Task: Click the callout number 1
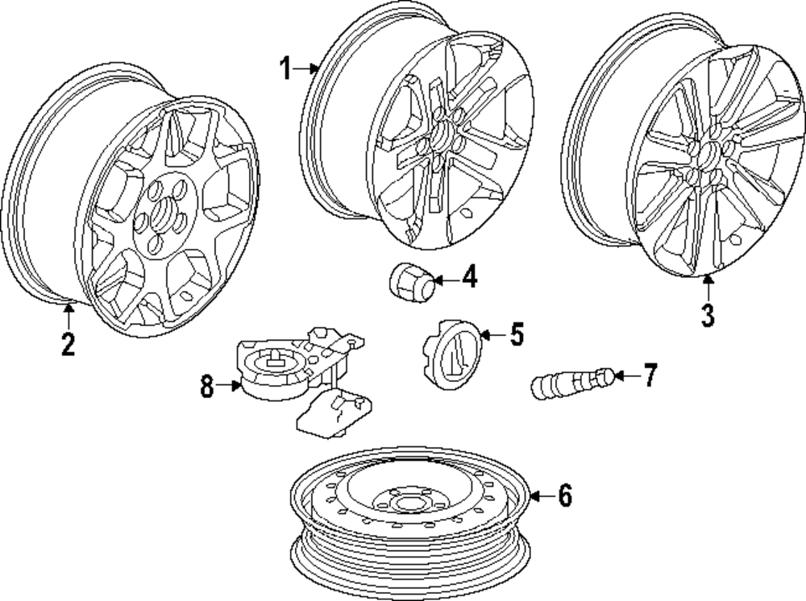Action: pos(287,69)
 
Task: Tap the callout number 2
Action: pos(68,344)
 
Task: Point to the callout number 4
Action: pos(469,280)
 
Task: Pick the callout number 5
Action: pos(515,333)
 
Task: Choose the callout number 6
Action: pos(564,496)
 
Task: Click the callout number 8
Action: pos(207,387)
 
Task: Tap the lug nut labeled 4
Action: pos(411,280)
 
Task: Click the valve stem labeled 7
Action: pos(574,380)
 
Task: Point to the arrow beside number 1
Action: pos(307,69)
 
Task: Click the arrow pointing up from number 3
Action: pos(707,288)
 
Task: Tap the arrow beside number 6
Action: pos(542,496)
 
